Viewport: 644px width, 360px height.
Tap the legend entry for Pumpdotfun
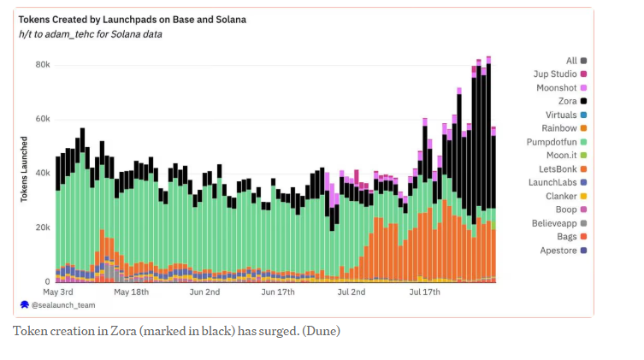point(552,141)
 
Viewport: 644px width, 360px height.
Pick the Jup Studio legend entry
point(554,74)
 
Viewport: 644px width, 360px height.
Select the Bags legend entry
point(566,236)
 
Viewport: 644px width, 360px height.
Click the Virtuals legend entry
point(560,115)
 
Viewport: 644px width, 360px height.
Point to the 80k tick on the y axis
point(42,65)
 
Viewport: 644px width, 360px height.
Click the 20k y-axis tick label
point(42,227)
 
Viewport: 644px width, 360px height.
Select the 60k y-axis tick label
point(42,119)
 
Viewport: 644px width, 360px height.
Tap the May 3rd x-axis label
point(57,292)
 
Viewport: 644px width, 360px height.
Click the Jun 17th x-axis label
point(279,292)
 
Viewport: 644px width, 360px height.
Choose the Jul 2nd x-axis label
point(352,292)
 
